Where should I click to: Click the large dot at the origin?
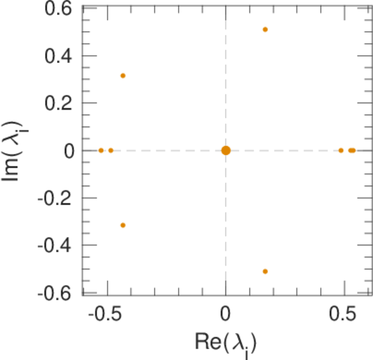coord(225,150)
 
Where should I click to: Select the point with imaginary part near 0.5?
coord(265,29)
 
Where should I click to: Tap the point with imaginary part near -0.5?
coord(265,271)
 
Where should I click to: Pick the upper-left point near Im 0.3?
coord(123,76)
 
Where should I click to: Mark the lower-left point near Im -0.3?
coord(123,225)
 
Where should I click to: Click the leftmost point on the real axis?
coord(101,150)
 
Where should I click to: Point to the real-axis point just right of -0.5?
coord(111,150)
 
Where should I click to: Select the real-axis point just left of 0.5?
coord(341,150)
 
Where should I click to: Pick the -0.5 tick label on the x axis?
coord(107,314)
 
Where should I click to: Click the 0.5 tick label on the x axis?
coord(344,314)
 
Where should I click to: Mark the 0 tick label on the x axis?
coord(225,314)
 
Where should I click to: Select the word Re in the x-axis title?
coord(207,342)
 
